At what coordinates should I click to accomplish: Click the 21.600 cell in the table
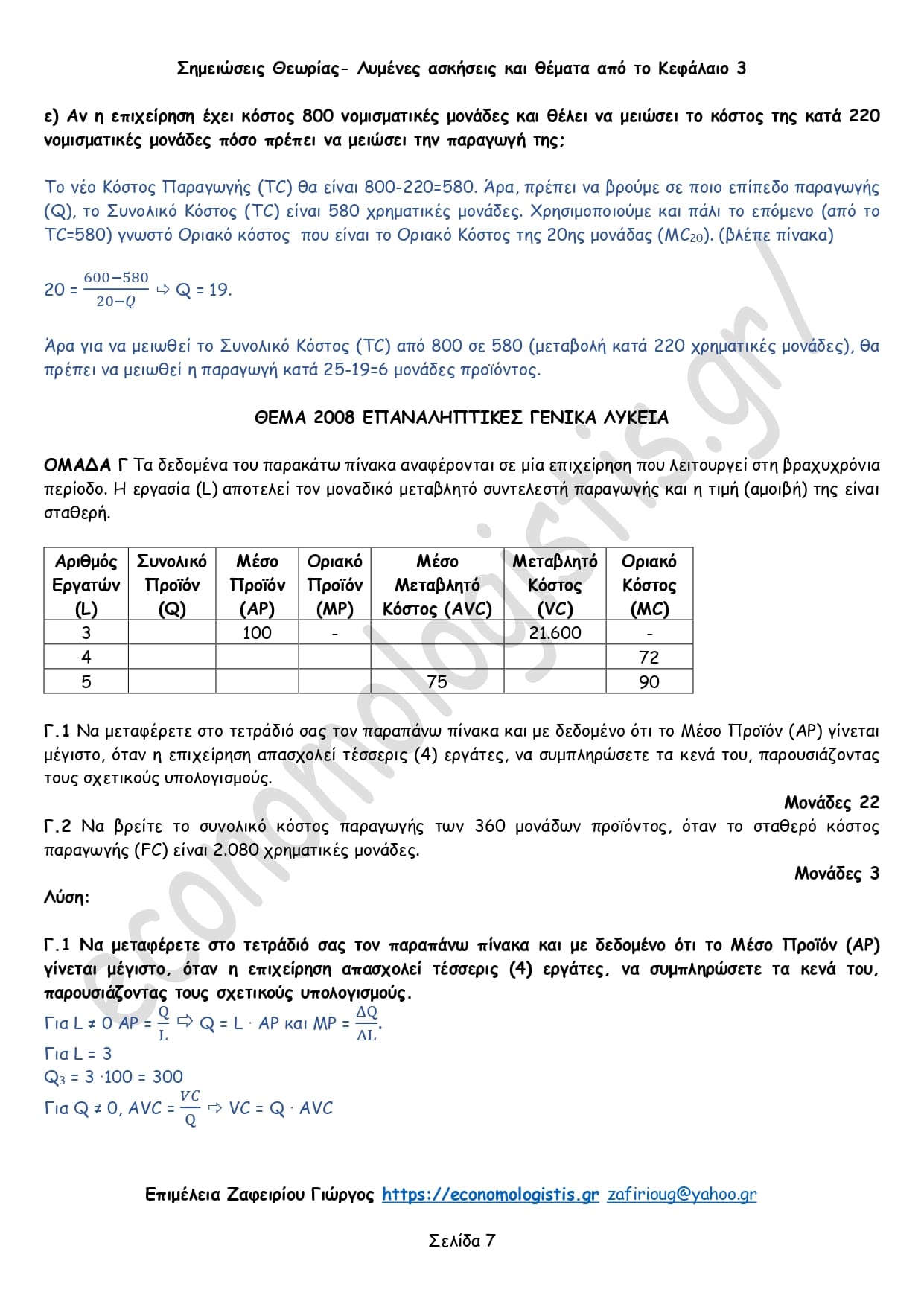pos(555,633)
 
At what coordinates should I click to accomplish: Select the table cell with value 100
pos(257,633)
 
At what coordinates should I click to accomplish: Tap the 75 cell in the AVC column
pos(437,681)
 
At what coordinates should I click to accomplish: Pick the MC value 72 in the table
pos(649,657)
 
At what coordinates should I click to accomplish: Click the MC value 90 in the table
pos(649,681)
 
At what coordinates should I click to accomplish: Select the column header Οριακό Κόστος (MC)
pos(649,585)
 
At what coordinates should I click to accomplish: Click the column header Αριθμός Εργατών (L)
pos(86,585)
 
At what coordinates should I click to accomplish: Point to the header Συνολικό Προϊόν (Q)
pos(172,585)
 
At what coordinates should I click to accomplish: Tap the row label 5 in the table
pos(86,681)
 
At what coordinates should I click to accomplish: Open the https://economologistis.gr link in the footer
pos(490,1195)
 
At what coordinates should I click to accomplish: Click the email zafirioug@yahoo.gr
pos(681,1195)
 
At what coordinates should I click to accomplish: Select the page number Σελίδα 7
pos(462,1241)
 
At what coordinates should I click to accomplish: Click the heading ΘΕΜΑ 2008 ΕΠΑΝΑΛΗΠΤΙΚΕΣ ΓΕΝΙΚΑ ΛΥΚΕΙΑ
pos(462,418)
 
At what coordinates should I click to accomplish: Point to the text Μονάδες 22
pos(831,802)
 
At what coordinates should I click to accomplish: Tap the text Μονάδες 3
pos(836,874)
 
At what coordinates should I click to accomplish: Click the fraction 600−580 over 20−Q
pos(116,289)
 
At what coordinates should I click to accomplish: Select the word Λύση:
pos(67,897)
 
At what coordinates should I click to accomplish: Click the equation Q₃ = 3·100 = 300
pos(113,1077)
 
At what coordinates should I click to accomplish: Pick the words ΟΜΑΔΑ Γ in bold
pos(86,465)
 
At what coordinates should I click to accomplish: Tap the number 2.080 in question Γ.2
pos(236,850)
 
